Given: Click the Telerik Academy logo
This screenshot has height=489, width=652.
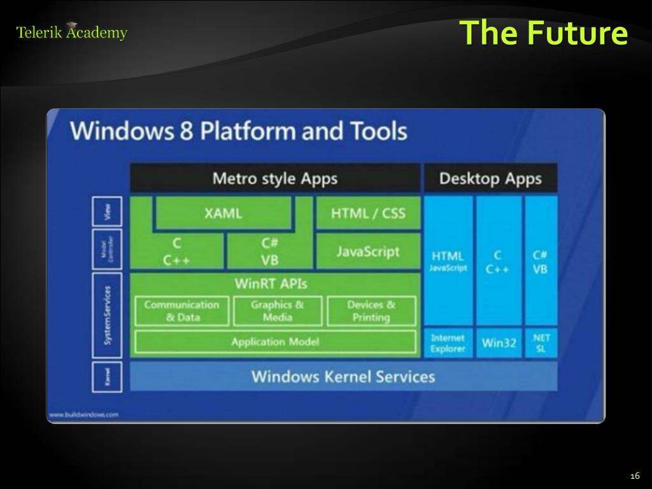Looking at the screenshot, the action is pos(71,32).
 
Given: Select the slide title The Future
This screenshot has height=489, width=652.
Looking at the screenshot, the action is pos(543,32).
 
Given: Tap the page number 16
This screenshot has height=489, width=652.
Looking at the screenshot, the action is pos(634,477).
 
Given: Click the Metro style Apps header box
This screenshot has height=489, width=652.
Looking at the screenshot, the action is pos(275,178).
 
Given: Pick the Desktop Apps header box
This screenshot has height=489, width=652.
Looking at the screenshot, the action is pos(490,178).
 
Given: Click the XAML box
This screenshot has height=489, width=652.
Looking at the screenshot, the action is pos(223,213).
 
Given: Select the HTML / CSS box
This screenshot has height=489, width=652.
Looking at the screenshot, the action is pos(368,213).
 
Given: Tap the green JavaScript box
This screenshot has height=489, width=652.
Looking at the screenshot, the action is pos(368,252).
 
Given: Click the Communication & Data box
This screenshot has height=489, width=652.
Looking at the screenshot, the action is pos(181,311).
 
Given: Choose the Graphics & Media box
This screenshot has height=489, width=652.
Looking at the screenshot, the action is pos(277,311).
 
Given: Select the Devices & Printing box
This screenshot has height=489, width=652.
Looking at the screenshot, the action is pos(371,311).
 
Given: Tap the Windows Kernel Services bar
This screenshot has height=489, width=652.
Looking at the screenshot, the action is pos(343,376).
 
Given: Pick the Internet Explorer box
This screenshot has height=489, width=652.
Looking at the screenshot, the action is pos(448,343).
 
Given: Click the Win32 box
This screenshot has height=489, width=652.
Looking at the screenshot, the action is pos(499,343).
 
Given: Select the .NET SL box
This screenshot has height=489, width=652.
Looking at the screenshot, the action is pos(541,343).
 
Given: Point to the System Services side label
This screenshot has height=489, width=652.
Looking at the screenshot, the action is pos(107,315).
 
